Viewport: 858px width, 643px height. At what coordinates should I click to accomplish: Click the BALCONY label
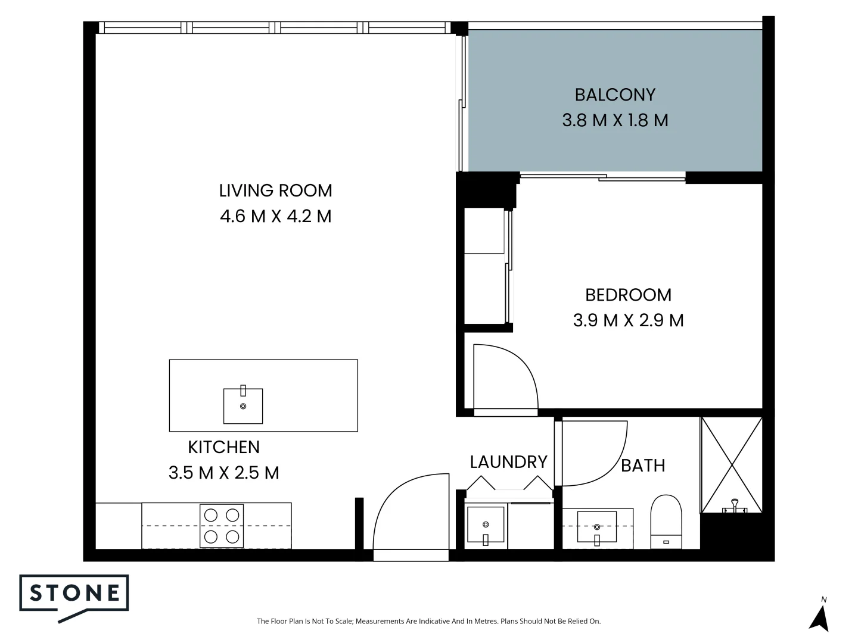pos(615,95)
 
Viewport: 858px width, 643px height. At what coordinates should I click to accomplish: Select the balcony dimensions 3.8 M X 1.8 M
pos(615,120)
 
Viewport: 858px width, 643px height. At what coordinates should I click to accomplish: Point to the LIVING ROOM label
pos(275,191)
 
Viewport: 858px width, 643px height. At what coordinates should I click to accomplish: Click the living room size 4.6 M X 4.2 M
pos(275,216)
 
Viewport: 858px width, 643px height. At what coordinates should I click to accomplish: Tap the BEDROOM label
pos(628,295)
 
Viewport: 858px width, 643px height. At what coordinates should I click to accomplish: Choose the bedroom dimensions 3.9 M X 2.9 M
pos(628,320)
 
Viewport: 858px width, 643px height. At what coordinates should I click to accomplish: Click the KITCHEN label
pos(223,447)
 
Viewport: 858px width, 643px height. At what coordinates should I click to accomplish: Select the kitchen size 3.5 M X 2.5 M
pos(223,473)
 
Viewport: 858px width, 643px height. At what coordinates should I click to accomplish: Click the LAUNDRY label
pos(508,462)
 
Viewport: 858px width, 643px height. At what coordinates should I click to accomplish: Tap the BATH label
pos(643,465)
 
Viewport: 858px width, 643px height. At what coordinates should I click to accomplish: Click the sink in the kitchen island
pos(243,405)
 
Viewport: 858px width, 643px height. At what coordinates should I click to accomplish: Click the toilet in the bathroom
pos(666,523)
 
